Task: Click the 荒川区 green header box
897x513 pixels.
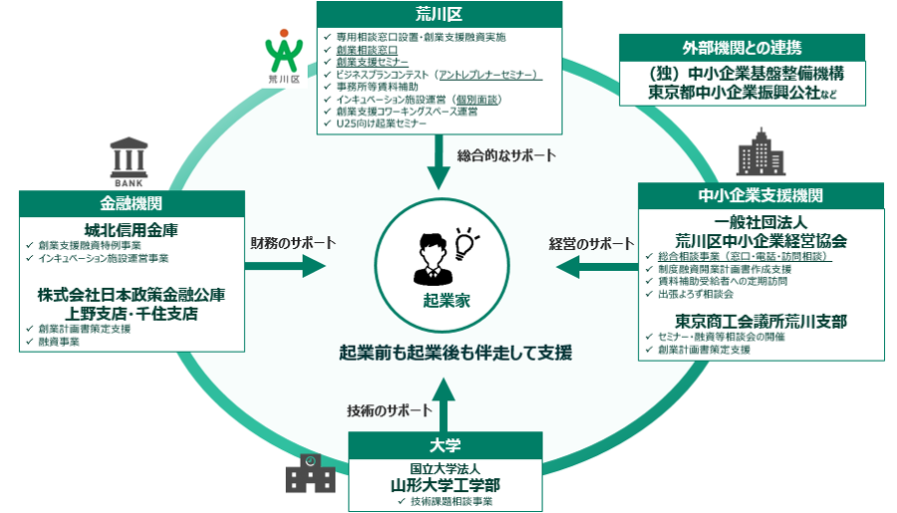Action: tap(439, 15)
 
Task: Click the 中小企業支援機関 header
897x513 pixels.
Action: tap(760, 194)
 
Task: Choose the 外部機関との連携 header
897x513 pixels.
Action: tap(743, 48)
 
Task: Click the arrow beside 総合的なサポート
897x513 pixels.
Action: tap(440, 164)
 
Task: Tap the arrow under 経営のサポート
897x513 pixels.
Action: tap(593, 266)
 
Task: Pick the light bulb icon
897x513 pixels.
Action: tap(465, 242)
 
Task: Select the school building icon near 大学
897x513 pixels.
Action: tap(310, 473)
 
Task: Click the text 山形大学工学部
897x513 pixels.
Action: tap(445, 484)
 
